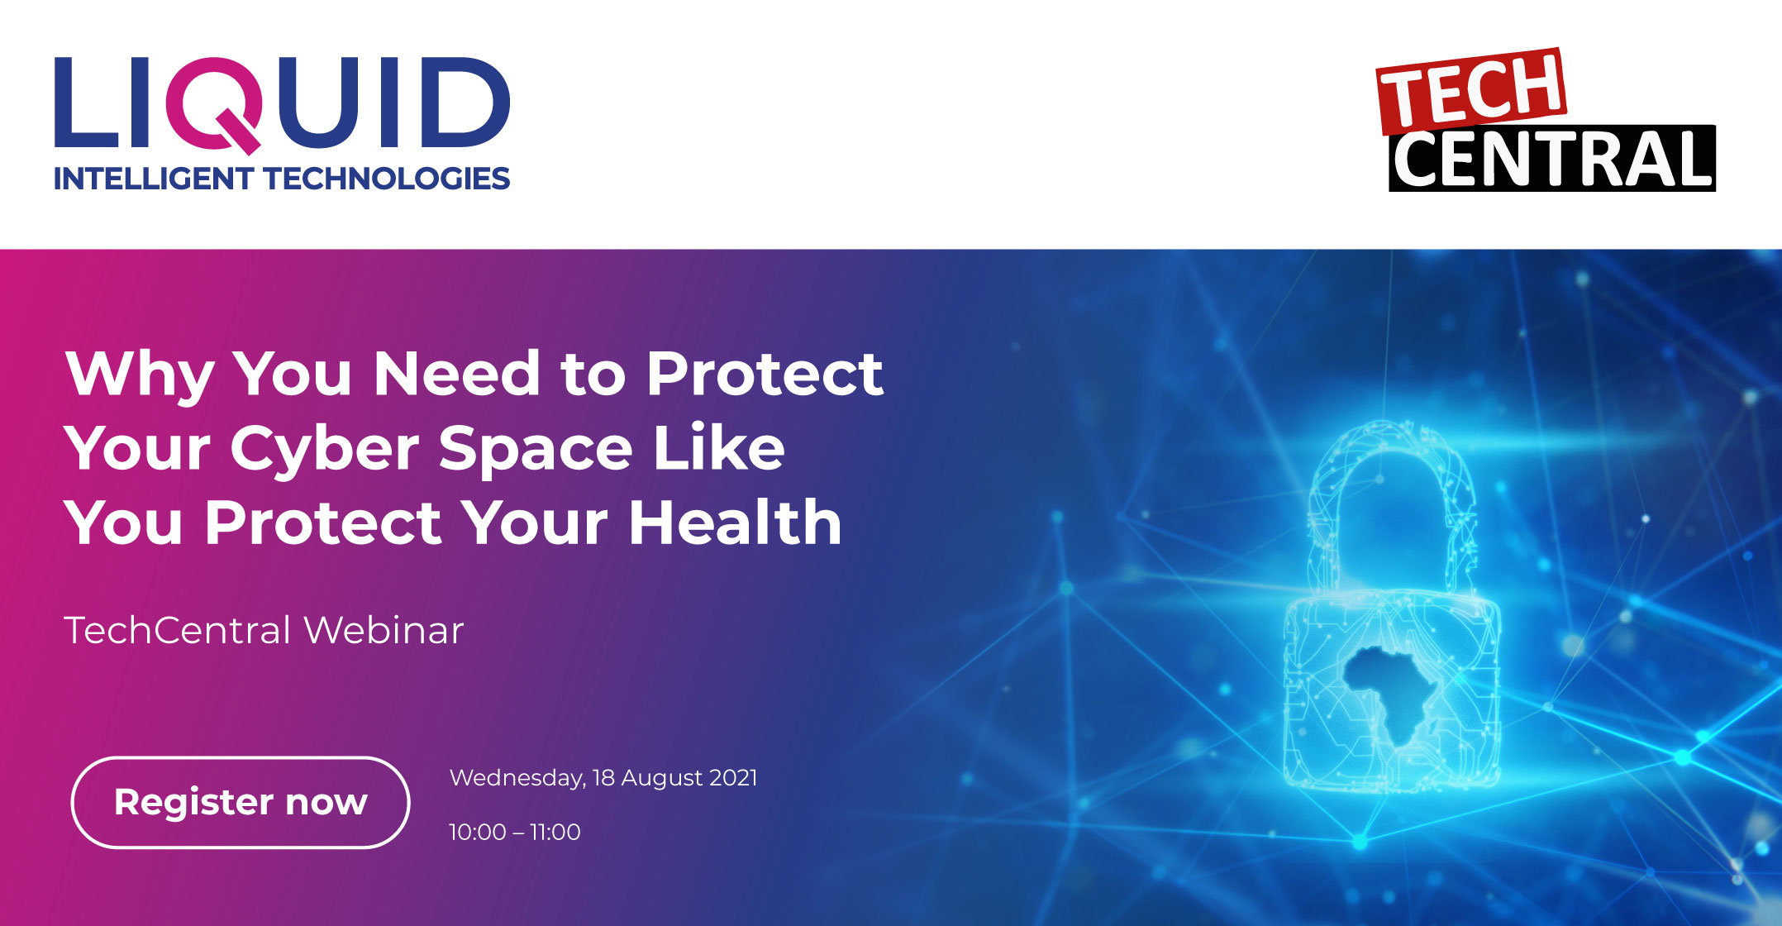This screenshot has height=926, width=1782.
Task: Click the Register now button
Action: pyautogui.click(x=241, y=802)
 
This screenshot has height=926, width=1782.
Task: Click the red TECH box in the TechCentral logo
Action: pyautogui.click(x=1472, y=92)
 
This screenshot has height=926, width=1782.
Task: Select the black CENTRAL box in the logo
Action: pyautogui.click(x=1552, y=159)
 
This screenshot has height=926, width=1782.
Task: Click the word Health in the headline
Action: pyautogui.click(x=735, y=523)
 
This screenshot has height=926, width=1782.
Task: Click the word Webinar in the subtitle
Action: pyautogui.click(x=384, y=630)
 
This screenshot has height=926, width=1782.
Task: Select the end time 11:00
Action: pyautogui.click(x=555, y=832)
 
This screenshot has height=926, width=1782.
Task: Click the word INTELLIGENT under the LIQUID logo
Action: pyautogui.click(x=154, y=179)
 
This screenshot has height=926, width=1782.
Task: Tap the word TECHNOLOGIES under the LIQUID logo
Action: pyautogui.click(x=387, y=179)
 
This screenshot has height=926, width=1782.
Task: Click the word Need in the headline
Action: pyautogui.click(x=457, y=374)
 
